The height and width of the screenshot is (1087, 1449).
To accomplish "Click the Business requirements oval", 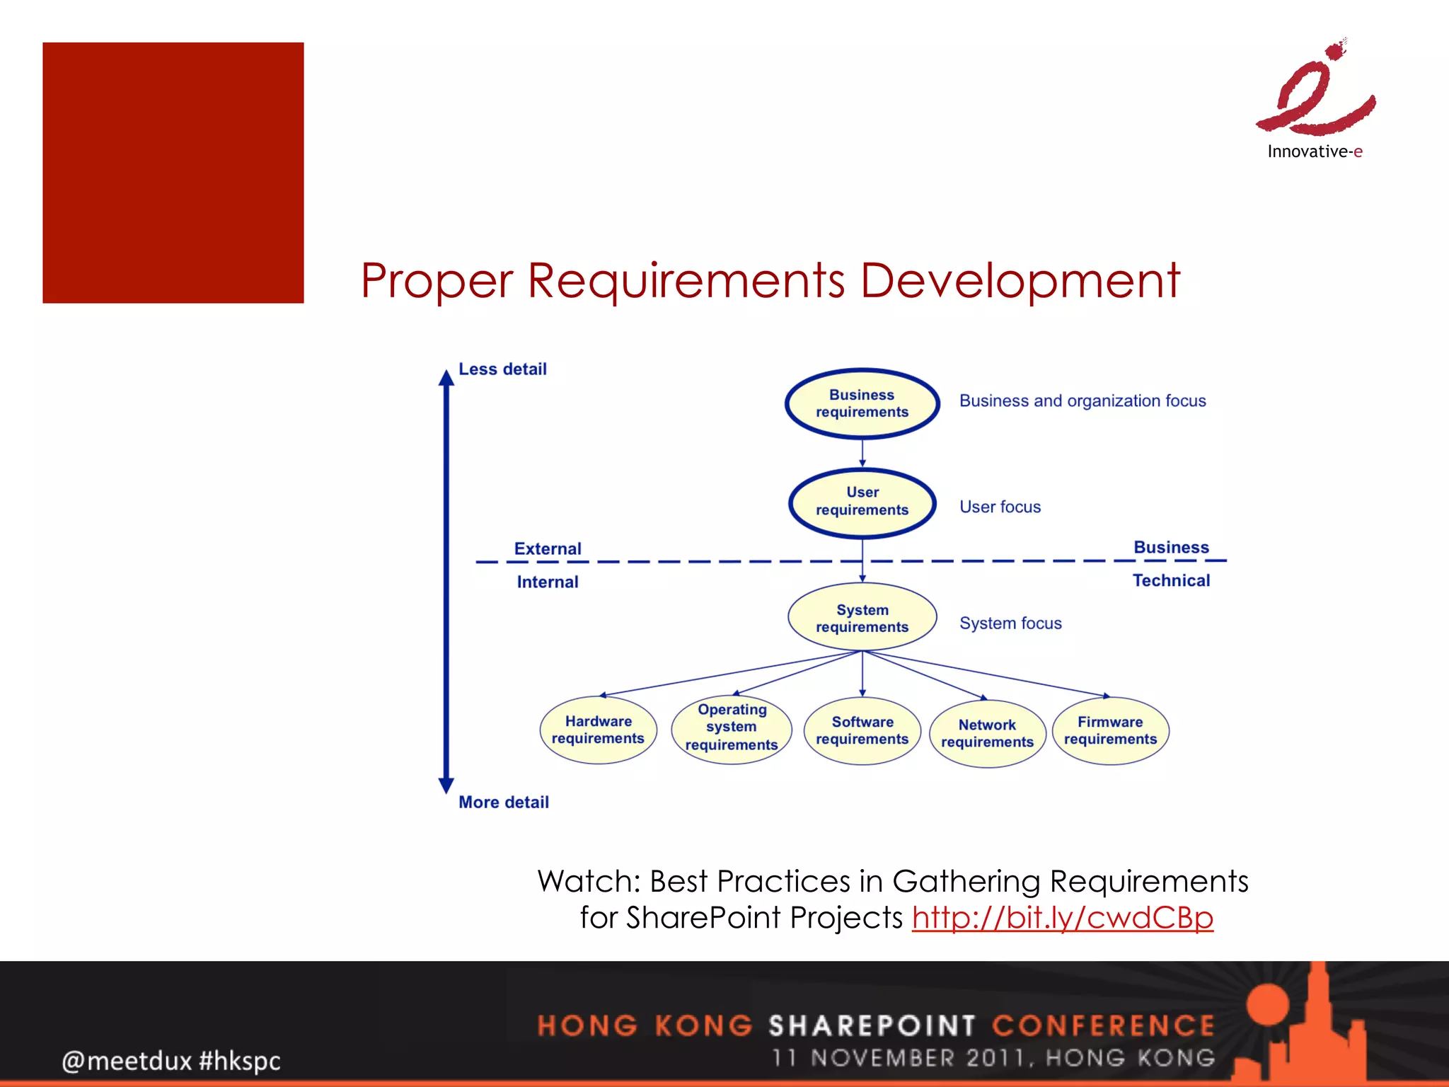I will pyautogui.click(x=862, y=403).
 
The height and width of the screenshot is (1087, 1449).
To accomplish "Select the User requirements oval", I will pyautogui.click(x=862, y=502).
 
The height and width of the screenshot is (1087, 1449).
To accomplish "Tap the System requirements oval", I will pyautogui.click(x=862, y=618).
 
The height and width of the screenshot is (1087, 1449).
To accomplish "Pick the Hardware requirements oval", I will pyautogui.click(x=598, y=730).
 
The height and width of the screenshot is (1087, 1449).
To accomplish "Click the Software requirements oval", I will pyautogui.click(x=862, y=730).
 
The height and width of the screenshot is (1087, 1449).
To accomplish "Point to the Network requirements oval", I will pyautogui.click(x=987, y=733).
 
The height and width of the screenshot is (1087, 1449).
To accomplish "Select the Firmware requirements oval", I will pyautogui.click(x=1110, y=730).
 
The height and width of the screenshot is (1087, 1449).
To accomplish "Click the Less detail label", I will pyautogui.click(x=502, y=369).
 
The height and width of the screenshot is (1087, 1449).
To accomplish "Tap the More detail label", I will pyautogui.click(x=503, y=802).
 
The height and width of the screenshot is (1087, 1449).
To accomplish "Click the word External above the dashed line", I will pyautogui.click(x=548, y=548).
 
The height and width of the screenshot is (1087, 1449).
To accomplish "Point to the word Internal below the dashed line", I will pyautogui.click(x=548, y=582).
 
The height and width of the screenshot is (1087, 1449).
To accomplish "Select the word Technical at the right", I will pyautogui.click(x=1171, y=580).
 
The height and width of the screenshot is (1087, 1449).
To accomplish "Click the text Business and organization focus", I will pyautogui.click(x=1083, y=401).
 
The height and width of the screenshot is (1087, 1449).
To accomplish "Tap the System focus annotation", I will pyautogui.click(x=1010, y=623).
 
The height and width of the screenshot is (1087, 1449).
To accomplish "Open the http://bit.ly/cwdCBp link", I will pyautogui.click(x=1062, y=918).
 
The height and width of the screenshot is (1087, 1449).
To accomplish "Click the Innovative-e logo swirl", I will pyautogui.click(x=1316, y=92).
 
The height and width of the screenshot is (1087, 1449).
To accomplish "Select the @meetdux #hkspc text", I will pyautogui.click(x=171, y=1060).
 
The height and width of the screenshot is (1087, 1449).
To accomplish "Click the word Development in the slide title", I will pyautogui.click(x=1020, y=281).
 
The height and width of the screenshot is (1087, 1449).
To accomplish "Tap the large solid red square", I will pyautogui.click(x=173, y=173).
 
